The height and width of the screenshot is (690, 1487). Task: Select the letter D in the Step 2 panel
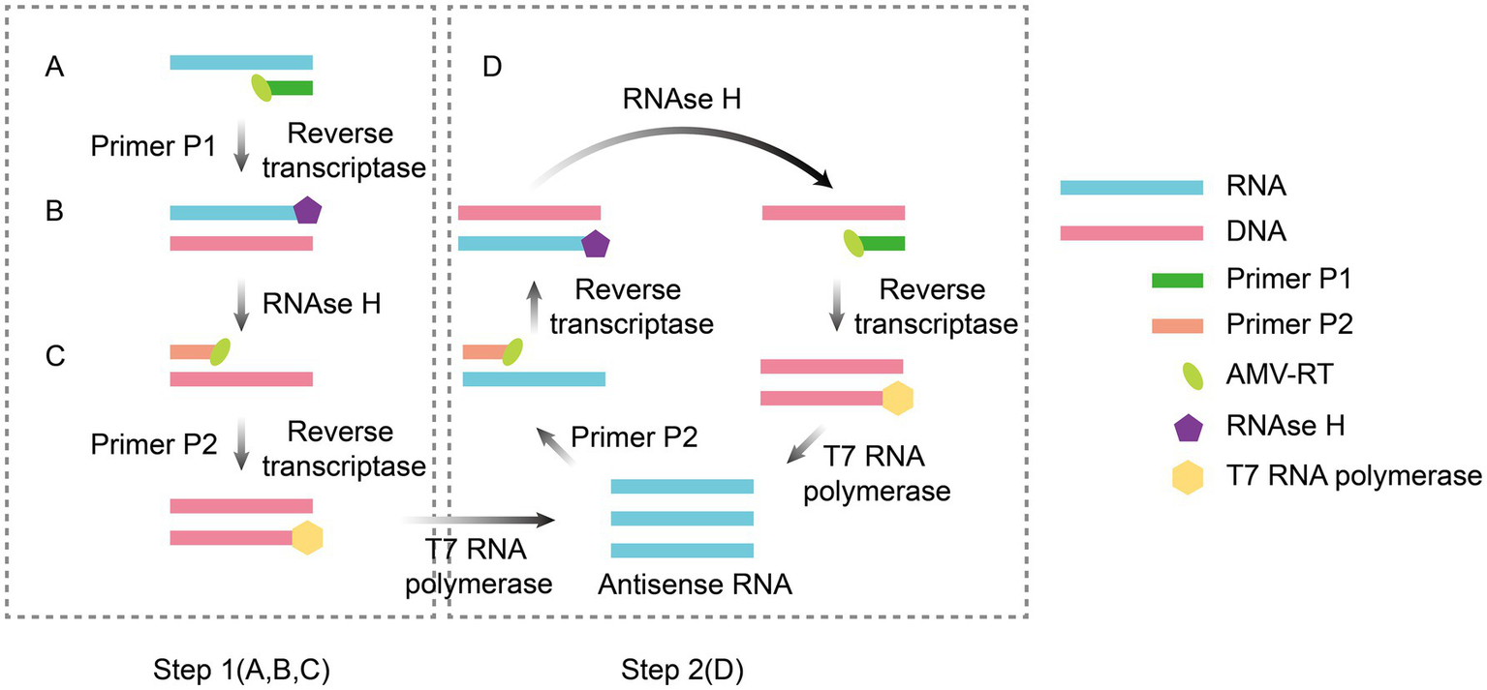(x=493, y=69)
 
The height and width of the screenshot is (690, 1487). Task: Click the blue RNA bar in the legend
(x=1131, y=187)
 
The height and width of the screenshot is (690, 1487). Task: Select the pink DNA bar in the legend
(x=1131, y=233)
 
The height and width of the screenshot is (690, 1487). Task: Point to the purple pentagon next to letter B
(x=307, y=212)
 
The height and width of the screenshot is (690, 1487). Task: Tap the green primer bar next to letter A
(x=291, y=88)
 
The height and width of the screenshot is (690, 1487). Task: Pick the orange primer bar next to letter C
(x=191, y=352)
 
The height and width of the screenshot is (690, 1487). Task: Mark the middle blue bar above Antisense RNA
(x=682, y=518)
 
